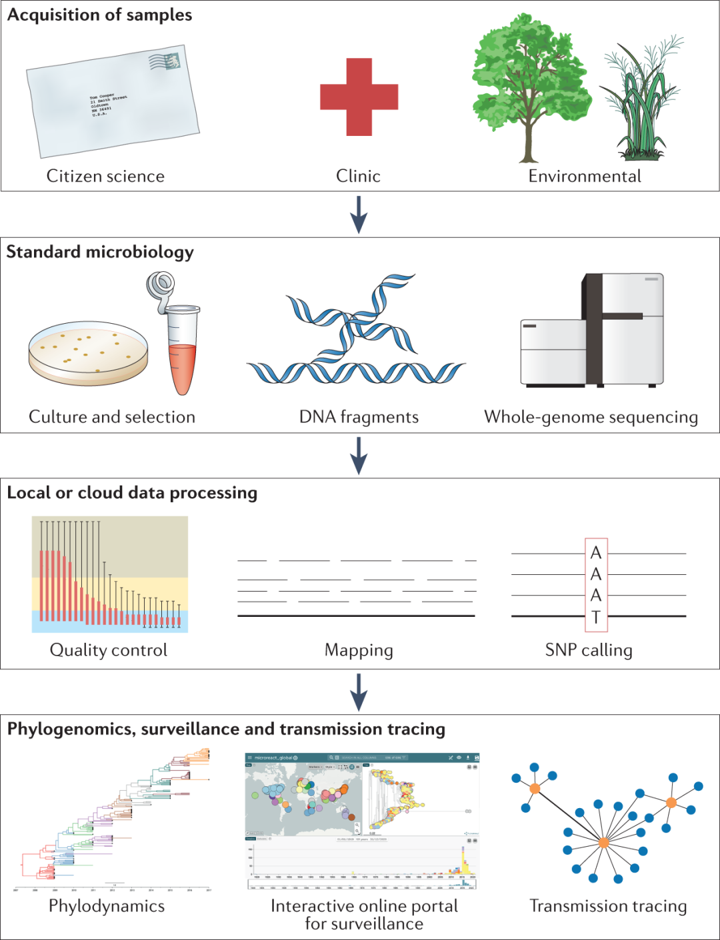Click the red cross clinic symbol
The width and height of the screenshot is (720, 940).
359,97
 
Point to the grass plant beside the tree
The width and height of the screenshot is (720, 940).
641,107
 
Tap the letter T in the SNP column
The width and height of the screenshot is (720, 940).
596,618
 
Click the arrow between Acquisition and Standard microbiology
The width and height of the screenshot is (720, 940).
359,214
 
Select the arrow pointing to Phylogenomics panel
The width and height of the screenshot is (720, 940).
359,692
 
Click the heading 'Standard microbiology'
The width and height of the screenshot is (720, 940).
100,252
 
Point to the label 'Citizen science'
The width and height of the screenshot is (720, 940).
105,176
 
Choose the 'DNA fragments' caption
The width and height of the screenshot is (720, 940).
359,417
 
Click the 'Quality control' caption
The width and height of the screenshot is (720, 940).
109,650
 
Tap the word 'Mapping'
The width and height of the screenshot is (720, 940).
359,650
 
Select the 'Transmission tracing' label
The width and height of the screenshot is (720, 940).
608,906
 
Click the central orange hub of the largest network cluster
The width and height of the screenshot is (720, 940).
603,843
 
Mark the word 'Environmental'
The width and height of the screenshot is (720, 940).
585,176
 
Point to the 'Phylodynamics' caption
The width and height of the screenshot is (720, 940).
107,906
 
